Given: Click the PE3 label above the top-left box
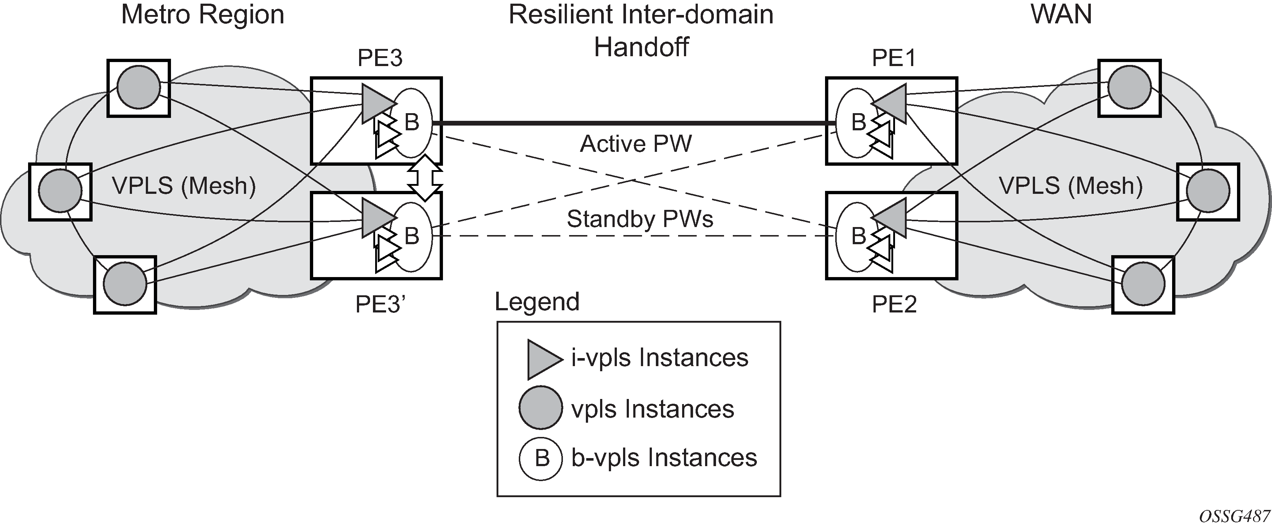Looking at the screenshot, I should [380, 58].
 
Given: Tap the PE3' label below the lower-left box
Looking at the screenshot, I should [380, 304].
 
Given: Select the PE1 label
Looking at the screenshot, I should [894, 58].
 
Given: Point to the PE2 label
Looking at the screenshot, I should [894, 304].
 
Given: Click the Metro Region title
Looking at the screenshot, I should [202, 15].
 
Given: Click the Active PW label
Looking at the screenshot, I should [636, 144].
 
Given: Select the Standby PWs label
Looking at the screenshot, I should [640, 219].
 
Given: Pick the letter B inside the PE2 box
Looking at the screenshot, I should [859, 236].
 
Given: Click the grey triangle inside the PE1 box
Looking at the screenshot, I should [890, 104].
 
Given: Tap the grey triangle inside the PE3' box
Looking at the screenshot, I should [378, 218].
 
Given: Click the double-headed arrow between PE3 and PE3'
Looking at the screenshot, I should [425, 178].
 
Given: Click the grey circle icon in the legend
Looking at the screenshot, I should [541, 408].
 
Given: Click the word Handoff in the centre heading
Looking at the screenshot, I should [641, 47].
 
